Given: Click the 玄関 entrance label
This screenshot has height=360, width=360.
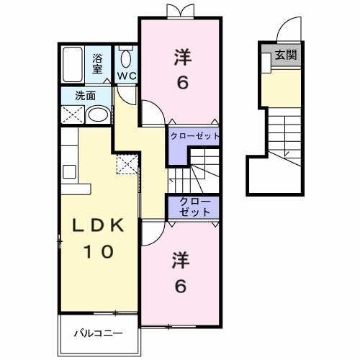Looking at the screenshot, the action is coord(286,55).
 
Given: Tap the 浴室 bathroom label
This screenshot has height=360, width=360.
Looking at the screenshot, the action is coord(97,63).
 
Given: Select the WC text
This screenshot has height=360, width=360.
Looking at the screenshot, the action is coord(127,76).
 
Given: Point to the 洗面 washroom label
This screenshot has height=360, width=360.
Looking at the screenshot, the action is coord(86,96).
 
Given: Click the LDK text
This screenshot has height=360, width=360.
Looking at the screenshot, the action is coord(98,225).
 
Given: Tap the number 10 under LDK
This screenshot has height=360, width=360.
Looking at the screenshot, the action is coord(98,251).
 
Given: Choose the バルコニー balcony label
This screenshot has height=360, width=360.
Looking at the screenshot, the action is coord(98,333).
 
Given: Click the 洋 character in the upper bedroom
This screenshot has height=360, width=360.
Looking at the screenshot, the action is coord(183,57).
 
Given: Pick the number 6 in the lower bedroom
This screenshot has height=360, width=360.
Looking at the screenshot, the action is coord(181,286).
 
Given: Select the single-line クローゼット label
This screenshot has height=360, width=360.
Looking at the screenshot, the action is coord(194,136).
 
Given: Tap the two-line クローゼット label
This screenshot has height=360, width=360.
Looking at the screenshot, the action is coord(194,207).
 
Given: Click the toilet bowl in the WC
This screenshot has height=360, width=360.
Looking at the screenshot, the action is coord(126,59).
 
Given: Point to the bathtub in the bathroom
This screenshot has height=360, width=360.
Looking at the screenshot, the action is coord(73,64).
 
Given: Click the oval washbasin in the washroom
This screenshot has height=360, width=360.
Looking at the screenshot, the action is coord(98,114).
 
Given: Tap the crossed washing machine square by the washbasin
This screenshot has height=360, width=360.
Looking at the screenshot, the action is coord(73,114).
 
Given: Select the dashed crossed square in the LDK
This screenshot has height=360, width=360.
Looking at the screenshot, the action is coord(127,164).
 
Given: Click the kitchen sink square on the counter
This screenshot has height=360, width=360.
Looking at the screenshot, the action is coord(69,171).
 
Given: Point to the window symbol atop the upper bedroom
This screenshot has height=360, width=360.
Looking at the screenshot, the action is coord(181,11).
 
